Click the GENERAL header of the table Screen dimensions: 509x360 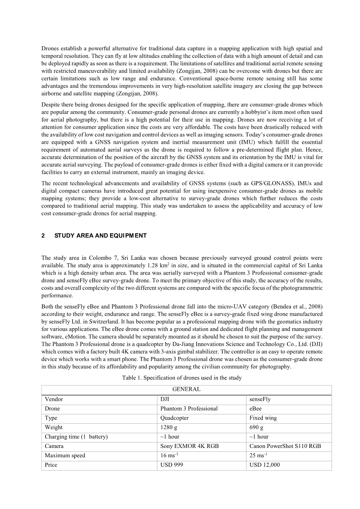pos(186,389)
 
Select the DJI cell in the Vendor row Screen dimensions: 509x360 pos(165,399)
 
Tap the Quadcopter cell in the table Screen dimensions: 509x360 pos(175,418)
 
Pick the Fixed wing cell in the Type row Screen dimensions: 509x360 pos(263,418)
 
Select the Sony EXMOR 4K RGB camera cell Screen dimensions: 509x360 pos(189,446)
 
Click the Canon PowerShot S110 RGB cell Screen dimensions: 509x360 pos(285,446)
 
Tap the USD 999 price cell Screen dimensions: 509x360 pos(172,465)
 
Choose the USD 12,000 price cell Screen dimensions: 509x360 pos(265,465)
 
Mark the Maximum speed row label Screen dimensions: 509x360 pos(65,455)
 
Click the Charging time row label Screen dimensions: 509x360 pos(76,437)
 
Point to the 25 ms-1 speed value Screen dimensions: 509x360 pos(258,455)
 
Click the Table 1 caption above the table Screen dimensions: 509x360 pos(182,378)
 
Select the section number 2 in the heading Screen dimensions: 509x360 pos(43,236)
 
